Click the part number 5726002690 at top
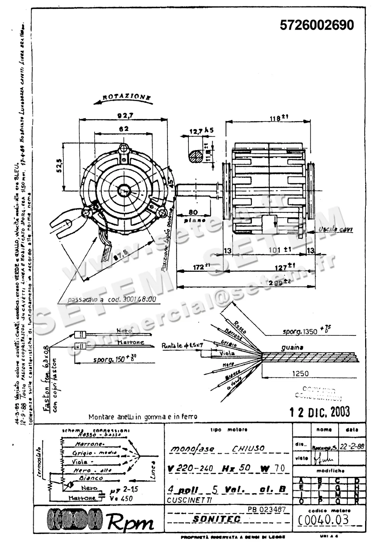pos(317,25)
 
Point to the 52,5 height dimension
pos(59,166)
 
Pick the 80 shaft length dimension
pos(193,212)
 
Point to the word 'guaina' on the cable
pos(292,347)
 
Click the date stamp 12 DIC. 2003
pos(320,412)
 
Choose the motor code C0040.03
pos(323,520)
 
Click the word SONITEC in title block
pos(217,519)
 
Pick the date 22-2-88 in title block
pos(352,447)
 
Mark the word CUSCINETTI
pos(189,500)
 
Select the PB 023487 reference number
pos(267,509)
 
